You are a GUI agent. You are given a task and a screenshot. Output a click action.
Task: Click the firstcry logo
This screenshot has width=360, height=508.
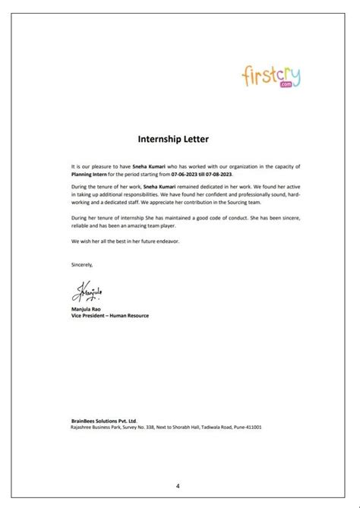pyautogui.click(x=270, y=77)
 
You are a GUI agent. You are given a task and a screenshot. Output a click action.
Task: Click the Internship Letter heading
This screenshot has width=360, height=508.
pyautogui.click(x=179, y=140)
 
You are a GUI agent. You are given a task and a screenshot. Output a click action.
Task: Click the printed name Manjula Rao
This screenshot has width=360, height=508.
pyautogui.click(x=75, y=309)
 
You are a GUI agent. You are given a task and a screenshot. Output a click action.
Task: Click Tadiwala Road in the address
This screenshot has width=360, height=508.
pyautogui.click(x=204, y=427)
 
